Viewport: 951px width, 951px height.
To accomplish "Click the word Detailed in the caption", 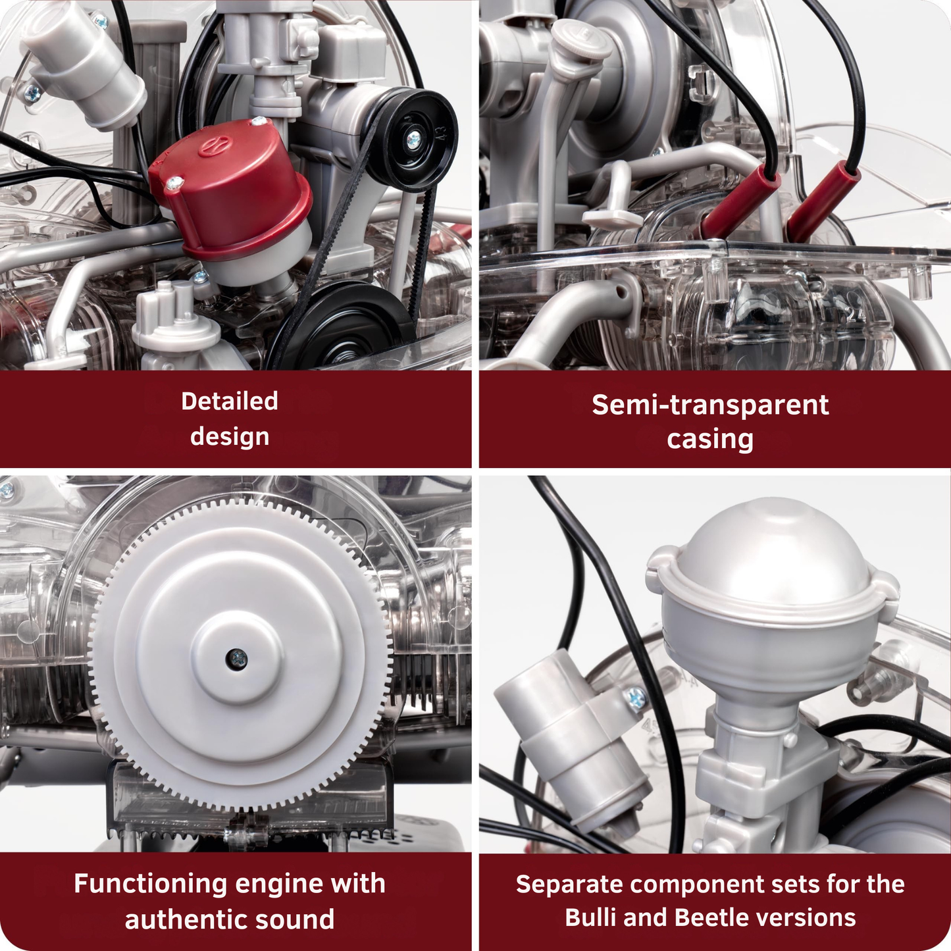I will point(230,401).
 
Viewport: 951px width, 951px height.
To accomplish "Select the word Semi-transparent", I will point(710,405).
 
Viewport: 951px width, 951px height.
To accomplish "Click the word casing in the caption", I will point(710,439).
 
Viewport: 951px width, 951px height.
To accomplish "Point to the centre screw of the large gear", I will point(236,656).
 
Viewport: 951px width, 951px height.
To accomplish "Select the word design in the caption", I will point(230,436).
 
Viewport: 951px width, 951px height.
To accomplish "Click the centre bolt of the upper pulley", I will point(414,138).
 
